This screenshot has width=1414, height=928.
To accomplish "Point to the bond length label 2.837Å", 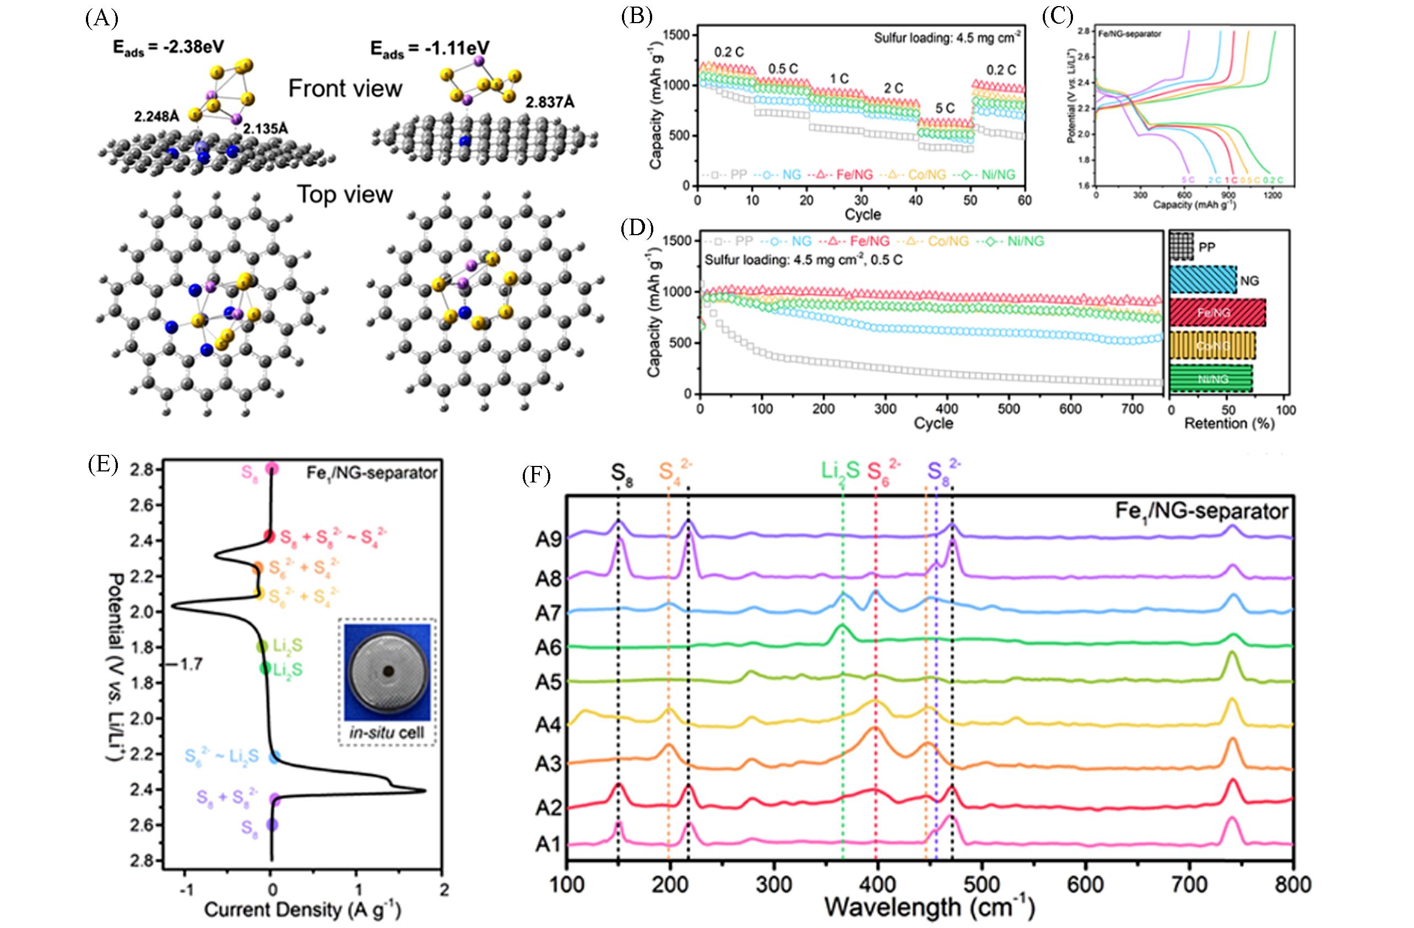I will (550, 103).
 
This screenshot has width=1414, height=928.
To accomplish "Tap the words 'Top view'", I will (345, 195).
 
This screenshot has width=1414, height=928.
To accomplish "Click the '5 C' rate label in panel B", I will (945, 108).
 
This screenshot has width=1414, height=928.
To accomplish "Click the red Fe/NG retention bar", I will (1217, 312).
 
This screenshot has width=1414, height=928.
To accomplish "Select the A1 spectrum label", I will (548, 844).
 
